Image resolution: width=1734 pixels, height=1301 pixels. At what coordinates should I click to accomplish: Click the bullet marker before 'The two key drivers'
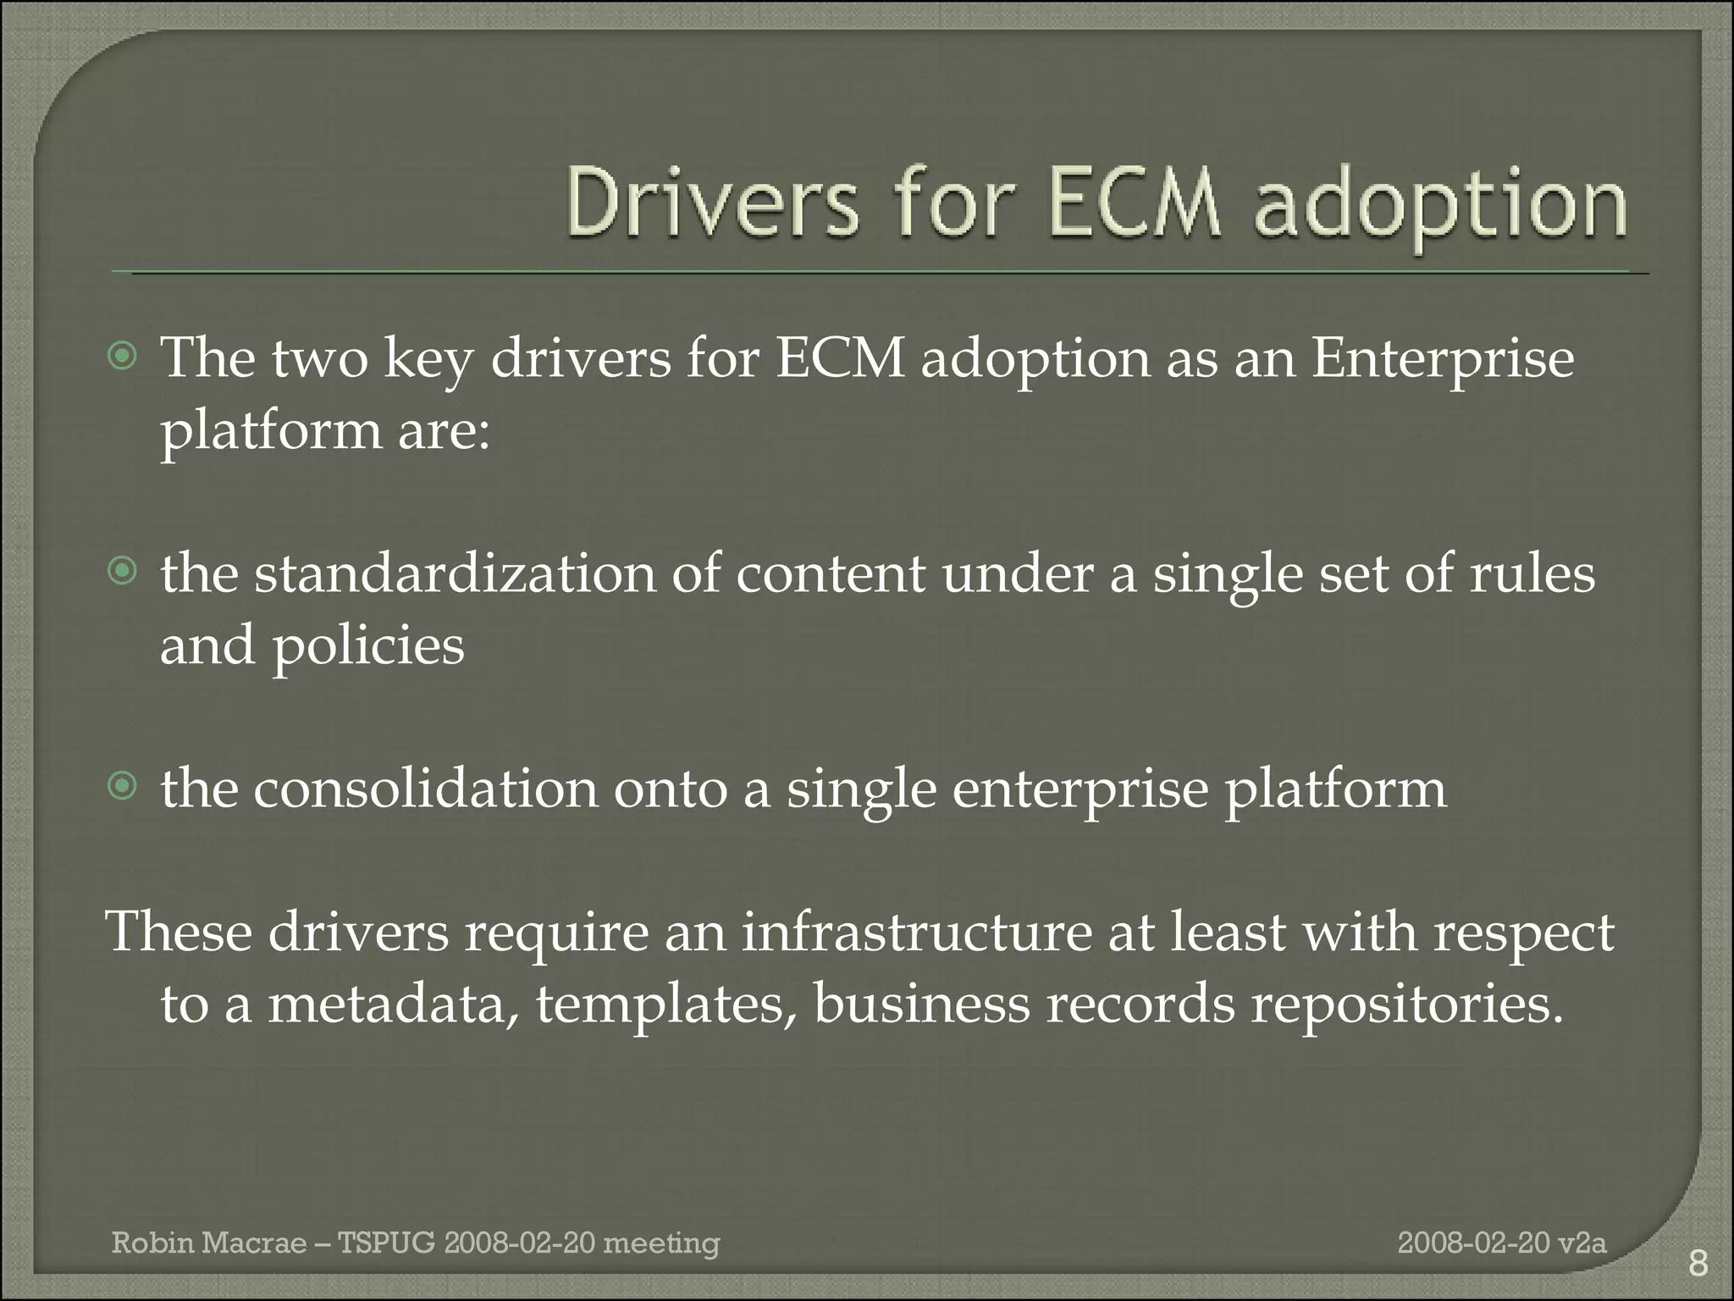123,357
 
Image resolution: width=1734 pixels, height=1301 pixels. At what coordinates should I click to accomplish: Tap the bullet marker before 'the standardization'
123,573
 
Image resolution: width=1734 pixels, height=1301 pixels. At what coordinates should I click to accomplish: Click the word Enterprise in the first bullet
1442,358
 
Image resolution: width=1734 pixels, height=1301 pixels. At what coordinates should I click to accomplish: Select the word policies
367,647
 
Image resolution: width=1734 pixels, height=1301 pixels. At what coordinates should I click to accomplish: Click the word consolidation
426,789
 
